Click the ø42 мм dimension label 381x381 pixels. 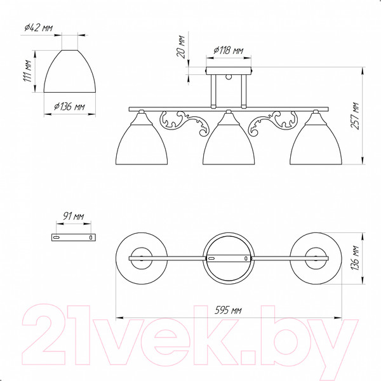tap(38, 28)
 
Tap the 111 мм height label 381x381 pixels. tap(28, 71)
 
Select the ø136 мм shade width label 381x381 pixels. tap(69, 107)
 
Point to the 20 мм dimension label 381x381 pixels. tap(180, 46)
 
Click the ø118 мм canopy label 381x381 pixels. tap(229, 50)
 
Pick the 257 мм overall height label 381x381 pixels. tap(355, 116)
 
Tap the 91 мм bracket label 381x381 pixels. tap(74, 216)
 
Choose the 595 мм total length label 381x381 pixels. tap(228, 310)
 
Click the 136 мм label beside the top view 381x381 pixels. tap(355, 258)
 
